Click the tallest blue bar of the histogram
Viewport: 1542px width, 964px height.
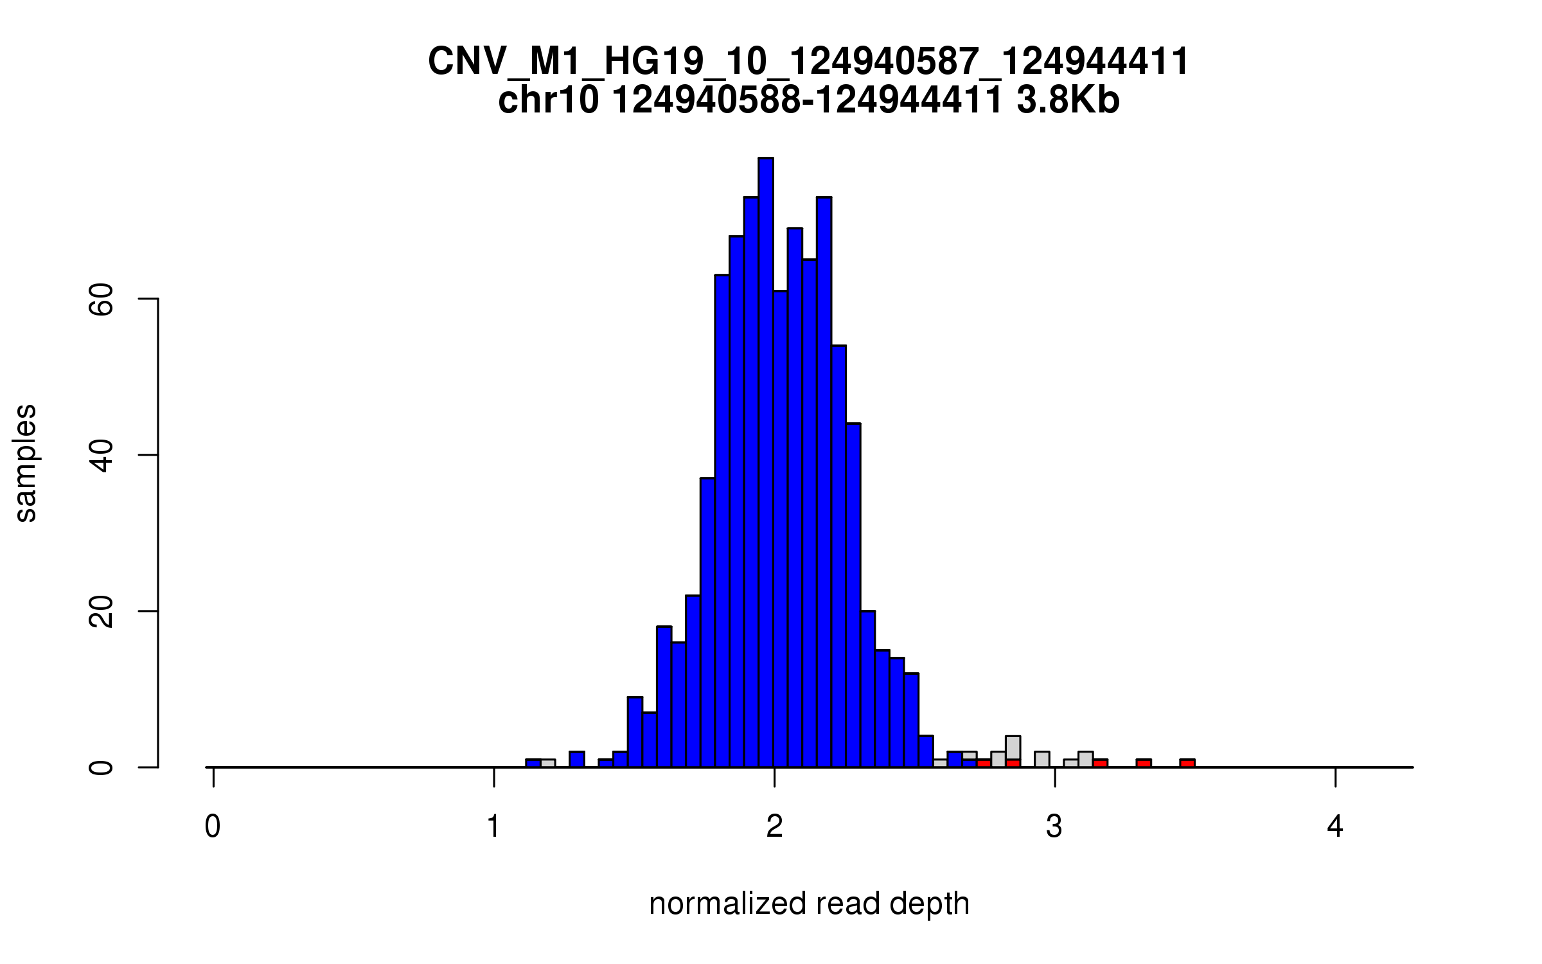pos(765,463)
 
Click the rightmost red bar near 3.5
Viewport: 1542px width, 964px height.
pos(1187,763)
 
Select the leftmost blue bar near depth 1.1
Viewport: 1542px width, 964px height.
pos(533,763)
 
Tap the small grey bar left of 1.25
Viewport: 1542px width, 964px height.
pos(547,763)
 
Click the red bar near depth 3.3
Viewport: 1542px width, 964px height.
pos(1143,763)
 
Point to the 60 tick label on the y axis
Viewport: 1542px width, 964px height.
pos(101,299)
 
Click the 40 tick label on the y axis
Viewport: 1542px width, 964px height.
pos(101,456)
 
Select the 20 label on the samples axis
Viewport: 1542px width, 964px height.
pos(101,611)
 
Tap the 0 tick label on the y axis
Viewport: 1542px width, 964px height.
pos(101,767)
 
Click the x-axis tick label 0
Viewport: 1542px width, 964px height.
pos(213,827)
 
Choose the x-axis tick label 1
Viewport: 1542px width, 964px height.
pos(493,827)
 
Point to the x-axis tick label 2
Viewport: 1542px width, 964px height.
pos(774,827)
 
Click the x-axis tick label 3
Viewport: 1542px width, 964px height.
pos(1054,827)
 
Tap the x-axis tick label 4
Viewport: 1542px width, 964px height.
pos(1335,827)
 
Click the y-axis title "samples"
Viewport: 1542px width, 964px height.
pos(26,463)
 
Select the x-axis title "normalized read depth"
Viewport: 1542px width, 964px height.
pos(809,904)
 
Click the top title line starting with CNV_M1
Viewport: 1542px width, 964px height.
pos(809,62)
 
